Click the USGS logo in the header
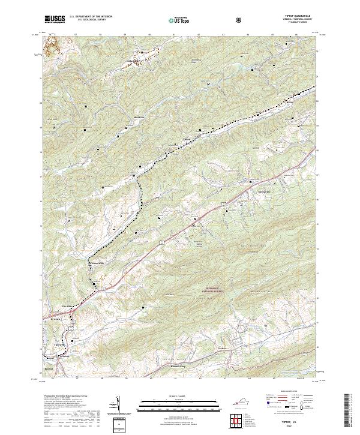tap(55, 19)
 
